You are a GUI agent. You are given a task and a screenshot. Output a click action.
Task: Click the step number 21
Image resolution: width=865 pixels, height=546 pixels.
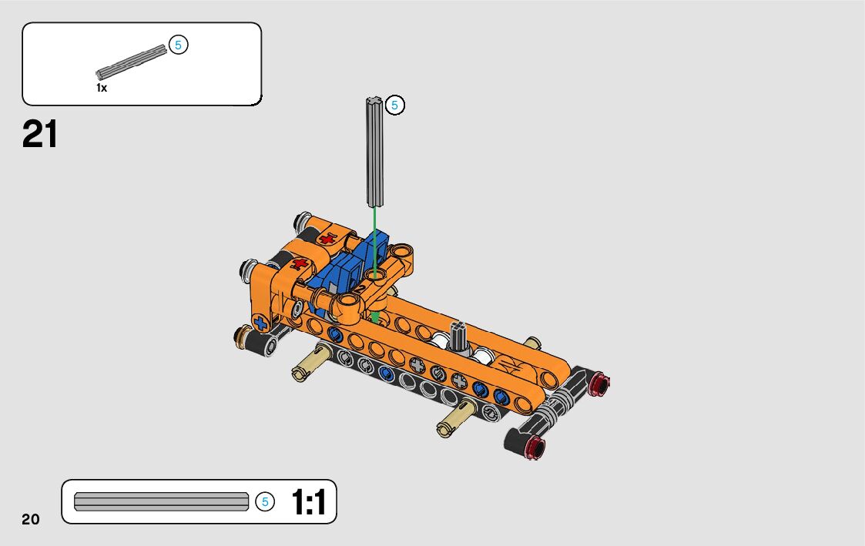[x=40, y=135]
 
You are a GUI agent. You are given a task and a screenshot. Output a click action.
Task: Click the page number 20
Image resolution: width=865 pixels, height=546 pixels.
[x=31, y=519]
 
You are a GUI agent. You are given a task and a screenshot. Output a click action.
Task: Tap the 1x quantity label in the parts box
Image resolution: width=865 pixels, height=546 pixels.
[x=102, y=88]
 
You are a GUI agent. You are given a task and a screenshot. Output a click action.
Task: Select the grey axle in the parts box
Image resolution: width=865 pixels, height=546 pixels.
[x=131, y=62]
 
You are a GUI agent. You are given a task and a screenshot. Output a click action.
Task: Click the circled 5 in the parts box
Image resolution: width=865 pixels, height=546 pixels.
[x=178, y=45]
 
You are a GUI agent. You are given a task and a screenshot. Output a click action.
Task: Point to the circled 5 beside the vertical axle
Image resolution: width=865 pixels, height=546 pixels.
[x=394, y=105]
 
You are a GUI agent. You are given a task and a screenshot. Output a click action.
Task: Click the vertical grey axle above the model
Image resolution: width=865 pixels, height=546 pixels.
[x=374, y=152]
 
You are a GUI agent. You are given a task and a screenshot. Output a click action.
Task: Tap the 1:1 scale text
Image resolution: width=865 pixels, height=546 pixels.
[x=308, y=502]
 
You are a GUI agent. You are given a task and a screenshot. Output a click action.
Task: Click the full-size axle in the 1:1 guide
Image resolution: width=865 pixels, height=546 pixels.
[x=162, y=502]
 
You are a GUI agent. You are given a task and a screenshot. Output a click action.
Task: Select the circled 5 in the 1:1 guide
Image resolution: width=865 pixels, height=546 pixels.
[x=265, y=502]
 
